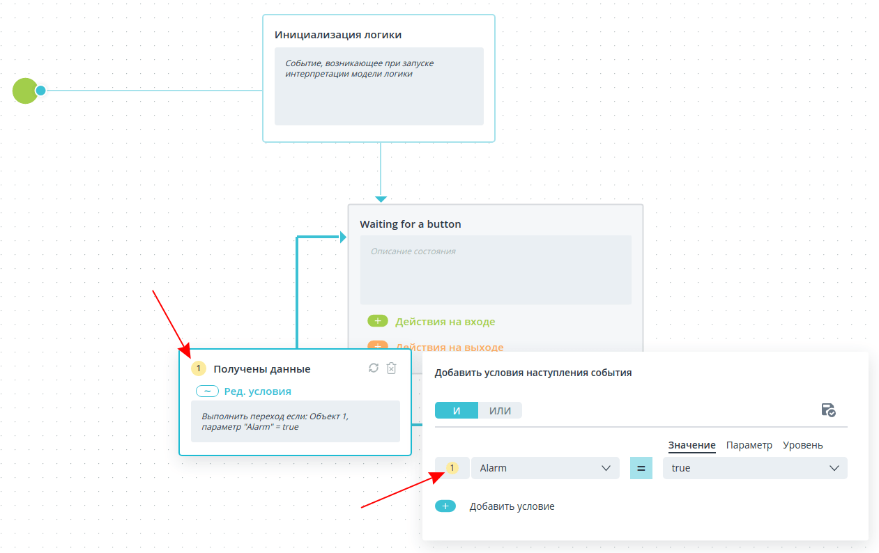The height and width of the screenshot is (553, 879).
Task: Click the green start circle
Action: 25,91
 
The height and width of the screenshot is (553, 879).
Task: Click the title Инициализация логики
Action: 338,35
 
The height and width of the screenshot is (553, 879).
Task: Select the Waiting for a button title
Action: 410,224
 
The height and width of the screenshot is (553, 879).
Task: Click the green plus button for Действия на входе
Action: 378,321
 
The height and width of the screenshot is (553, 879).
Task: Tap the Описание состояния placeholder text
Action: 413,251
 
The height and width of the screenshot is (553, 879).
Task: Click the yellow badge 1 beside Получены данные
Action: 199,368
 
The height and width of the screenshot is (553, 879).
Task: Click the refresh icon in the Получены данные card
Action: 374,368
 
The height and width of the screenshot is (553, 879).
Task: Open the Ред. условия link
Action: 257,391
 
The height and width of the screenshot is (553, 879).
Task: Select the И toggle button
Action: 457,410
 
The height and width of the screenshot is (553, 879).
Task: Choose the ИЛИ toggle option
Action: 500,410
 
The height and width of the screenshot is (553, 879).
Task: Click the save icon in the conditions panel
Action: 828,410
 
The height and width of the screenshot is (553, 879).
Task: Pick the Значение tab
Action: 691,445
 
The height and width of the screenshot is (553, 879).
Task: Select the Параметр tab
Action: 749,445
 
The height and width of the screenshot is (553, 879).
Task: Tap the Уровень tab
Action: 802,445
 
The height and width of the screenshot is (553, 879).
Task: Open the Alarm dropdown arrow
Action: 606,468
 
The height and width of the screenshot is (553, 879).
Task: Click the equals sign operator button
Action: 641,468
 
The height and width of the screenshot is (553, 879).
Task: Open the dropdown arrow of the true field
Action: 834,468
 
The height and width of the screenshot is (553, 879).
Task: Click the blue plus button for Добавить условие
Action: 445,506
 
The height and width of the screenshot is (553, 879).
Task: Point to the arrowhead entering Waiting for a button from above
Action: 381,199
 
